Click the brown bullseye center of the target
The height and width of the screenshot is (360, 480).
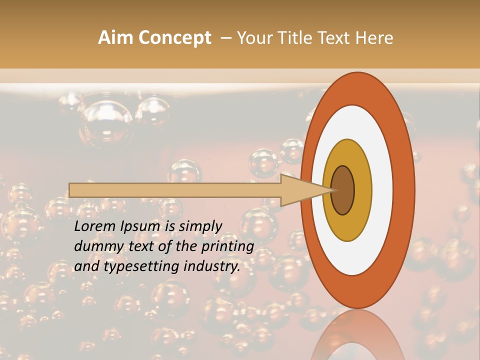(x=343, y=190)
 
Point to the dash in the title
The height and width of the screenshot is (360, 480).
(x=226, y=38)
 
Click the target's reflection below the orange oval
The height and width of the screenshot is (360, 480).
(x=357, y=335)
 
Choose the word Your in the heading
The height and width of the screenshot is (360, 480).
(x=252, y=38)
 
